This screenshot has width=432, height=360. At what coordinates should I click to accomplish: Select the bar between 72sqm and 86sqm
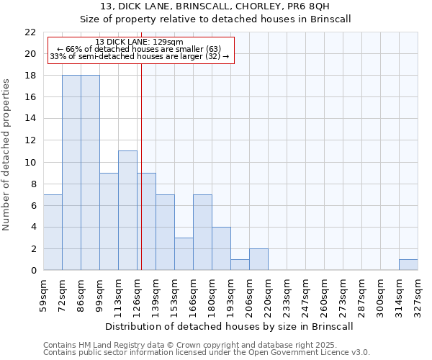(71, 173)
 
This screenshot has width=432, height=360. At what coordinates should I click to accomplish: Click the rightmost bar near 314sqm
(408, 264)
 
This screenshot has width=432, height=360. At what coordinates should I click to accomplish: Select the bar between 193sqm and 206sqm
(240, 264)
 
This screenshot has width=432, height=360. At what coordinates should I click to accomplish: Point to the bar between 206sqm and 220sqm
(258, 259)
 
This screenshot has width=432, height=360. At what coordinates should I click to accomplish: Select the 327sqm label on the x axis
(418, 295)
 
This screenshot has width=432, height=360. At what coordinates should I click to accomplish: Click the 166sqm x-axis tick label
(193, 295)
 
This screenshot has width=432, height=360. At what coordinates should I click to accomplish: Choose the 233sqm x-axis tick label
(287, 295)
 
